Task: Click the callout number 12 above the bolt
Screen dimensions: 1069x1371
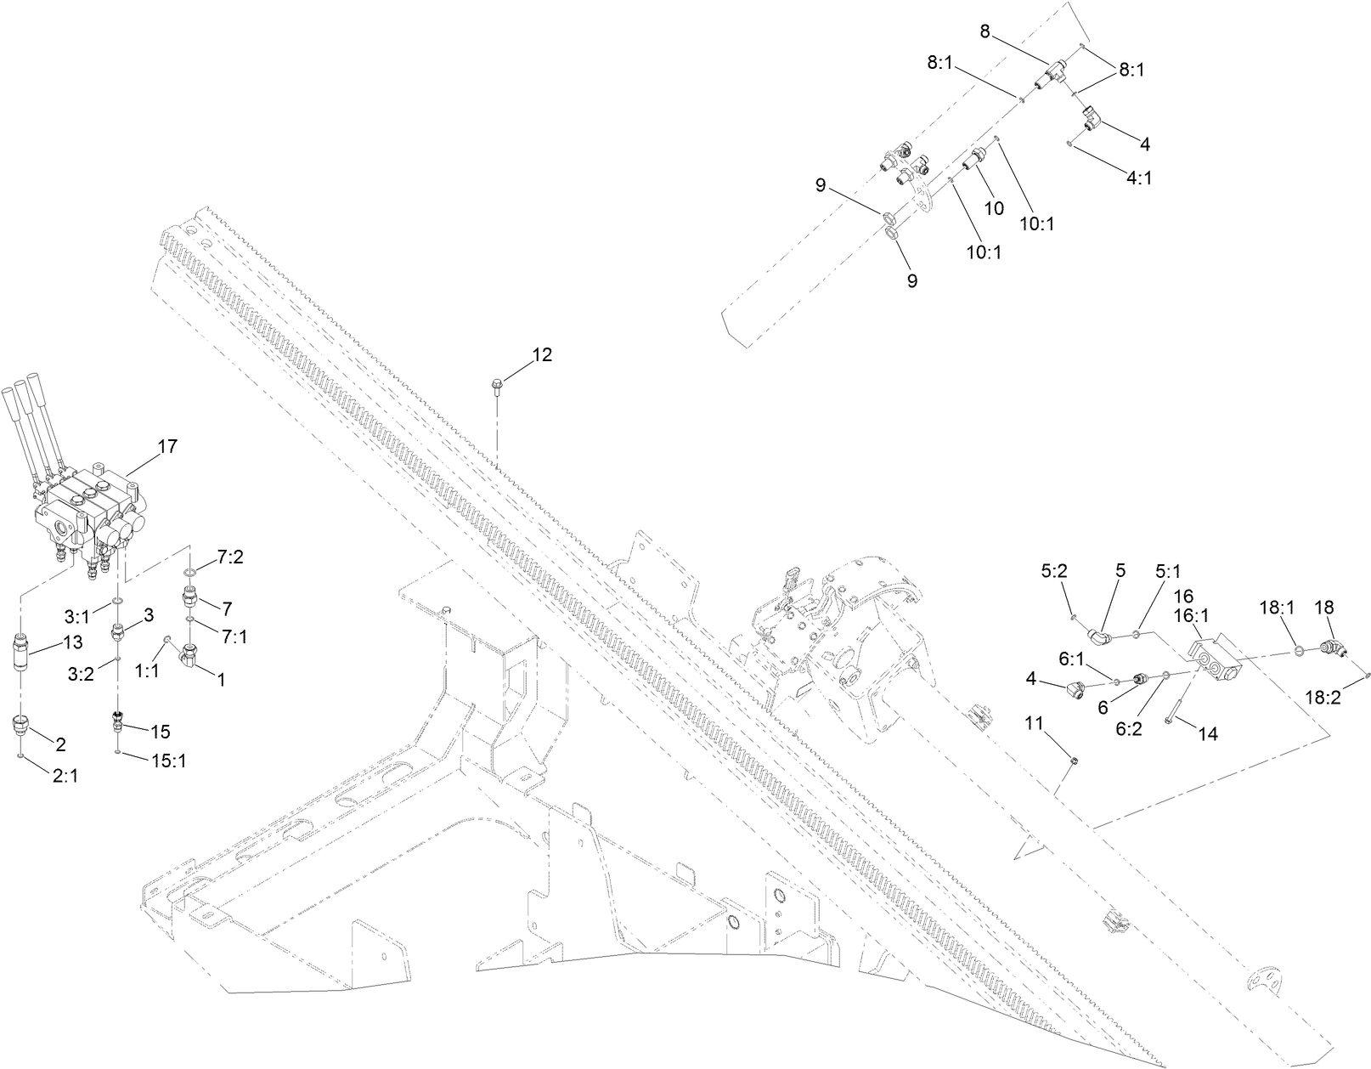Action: click(x=542, y=355)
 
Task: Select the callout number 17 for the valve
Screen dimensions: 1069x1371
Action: click(x=167, y=446)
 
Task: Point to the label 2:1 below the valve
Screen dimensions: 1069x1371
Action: click(x=65, y=775)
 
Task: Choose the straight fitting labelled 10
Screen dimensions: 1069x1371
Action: click(x=974, y=158)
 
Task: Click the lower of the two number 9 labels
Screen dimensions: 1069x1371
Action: click(x=912, y=281)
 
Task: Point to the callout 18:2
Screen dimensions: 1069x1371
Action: click(x=1321, y=699)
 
